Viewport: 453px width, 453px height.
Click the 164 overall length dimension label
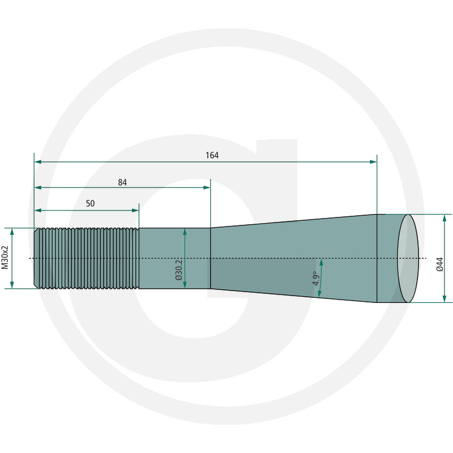(x=212, y=155)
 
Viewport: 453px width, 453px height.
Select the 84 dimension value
(x=122, y=182)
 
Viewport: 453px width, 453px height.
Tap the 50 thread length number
(x=90, y=204)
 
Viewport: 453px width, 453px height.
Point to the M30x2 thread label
(x=5, y=258)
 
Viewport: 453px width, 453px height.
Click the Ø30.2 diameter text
(x=179, y=270)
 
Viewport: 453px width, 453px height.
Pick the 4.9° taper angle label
(x=316, y=278)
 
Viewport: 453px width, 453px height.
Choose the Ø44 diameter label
(x=439, y=264)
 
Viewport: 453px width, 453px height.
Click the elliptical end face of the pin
(x=408, y=258)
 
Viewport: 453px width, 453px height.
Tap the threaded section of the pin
(x=87, y=258)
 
